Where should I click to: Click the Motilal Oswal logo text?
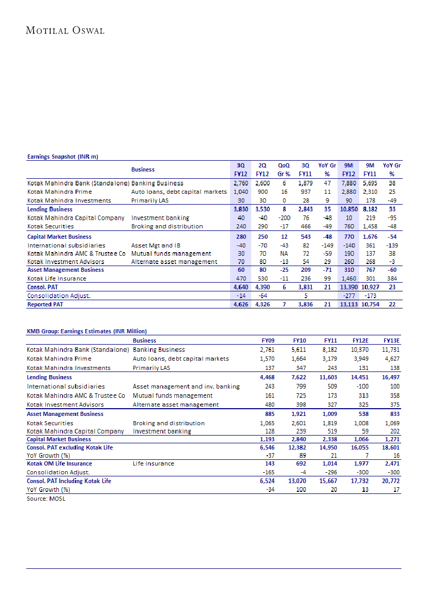(65, 30)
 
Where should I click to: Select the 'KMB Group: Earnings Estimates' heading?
(87, 331)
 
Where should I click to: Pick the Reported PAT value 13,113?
(350, 305)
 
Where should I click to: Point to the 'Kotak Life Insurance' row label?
(57, 278)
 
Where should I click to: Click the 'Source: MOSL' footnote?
(46, 499)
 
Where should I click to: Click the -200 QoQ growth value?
(284, 218)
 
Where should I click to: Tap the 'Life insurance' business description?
(153, 463)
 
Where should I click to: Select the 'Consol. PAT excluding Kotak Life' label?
(70, 447)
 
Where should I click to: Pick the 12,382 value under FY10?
(299, 447)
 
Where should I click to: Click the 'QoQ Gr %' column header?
(284, 169)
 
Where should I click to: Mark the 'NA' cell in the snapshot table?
(284, 254)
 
